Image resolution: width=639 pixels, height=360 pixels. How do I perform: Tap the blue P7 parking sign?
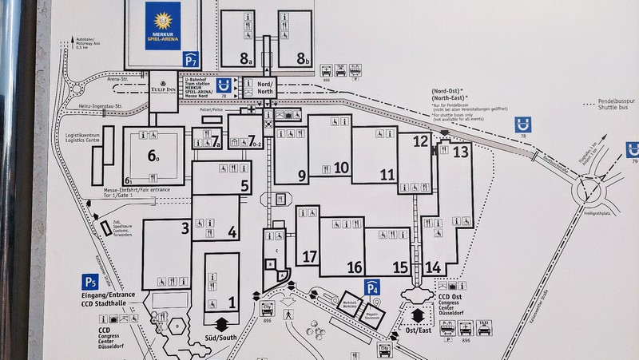(190, 58)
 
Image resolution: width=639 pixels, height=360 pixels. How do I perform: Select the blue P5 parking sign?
(90, 281)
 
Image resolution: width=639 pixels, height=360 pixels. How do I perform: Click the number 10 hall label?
(343, 167)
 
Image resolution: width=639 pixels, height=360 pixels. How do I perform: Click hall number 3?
(185, 229)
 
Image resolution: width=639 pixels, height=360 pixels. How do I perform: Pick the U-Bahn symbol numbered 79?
(633, 150)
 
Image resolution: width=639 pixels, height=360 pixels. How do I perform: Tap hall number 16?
(355, 267)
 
